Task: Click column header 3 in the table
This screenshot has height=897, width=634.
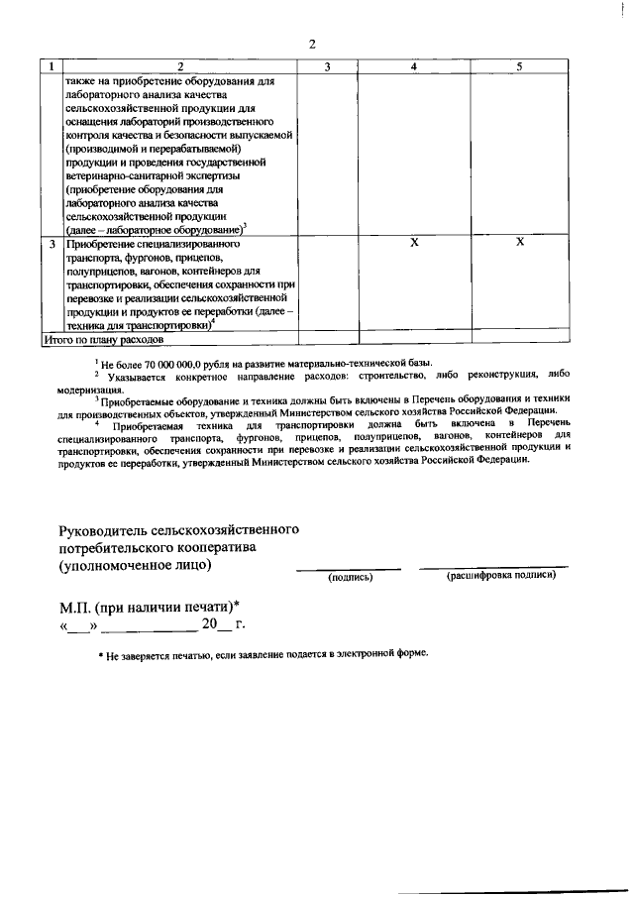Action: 327,65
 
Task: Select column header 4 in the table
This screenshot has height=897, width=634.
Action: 414,65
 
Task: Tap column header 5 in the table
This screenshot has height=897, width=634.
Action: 519,65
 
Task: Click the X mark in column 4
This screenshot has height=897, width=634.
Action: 414,242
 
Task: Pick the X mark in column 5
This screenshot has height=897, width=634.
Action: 519,242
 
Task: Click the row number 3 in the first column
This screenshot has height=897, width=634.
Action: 51,242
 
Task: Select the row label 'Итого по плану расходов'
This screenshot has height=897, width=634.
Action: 99,339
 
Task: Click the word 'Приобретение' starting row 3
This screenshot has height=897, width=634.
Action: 104,243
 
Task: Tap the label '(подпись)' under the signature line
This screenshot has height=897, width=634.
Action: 350,576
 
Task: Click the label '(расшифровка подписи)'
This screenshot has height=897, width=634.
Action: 500,575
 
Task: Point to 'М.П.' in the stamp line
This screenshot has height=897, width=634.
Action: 77,606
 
